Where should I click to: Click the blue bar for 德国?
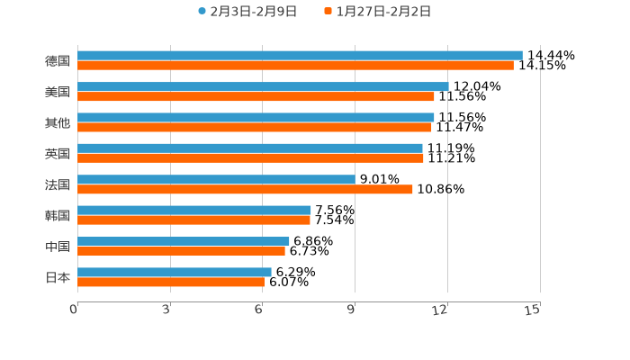click(300, 56)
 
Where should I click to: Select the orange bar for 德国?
click(295, 66)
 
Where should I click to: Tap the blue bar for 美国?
click(263, 86)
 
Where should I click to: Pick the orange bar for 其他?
click(255, 127)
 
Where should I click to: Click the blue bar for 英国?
click(250, 148)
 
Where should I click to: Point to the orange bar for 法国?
click(245, 189)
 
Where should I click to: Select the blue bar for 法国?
click(216, 179)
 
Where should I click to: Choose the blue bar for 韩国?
click(194, 211)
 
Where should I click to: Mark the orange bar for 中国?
click(181, 251)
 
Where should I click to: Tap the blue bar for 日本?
click(175, 272)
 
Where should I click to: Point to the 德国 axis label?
click(58, 61)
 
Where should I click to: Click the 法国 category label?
click(58, 184)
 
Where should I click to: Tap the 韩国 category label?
click(58, 216)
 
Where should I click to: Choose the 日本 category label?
click(58, 277)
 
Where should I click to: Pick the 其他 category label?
click(58, 122)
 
